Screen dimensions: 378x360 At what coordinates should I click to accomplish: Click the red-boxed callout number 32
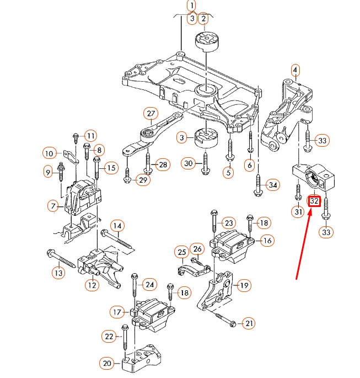tap(314, 201)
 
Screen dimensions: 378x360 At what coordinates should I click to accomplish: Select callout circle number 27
tap(151, 114)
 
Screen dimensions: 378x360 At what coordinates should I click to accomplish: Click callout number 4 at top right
tap(295, 70)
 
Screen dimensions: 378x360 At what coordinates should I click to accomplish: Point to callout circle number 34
tap(273, 184)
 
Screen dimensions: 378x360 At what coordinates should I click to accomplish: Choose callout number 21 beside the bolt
tap(249, 323)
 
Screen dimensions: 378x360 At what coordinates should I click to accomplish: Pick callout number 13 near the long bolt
tap(58, 272)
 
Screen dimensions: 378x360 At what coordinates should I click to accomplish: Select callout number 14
tap(117, 225)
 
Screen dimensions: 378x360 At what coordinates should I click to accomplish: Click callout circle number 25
tap(181, 253)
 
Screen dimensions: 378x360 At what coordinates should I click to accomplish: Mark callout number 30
tap(189, 163)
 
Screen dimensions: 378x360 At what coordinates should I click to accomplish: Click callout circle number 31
tap(298, 212)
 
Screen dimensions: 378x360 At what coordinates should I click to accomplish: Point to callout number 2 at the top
tap(203, 19)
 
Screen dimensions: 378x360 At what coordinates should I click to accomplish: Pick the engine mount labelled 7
tap(83, 198)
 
